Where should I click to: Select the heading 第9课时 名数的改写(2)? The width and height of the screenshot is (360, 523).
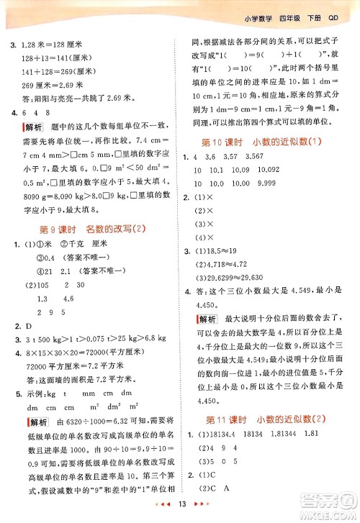click(x=89, y=229)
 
